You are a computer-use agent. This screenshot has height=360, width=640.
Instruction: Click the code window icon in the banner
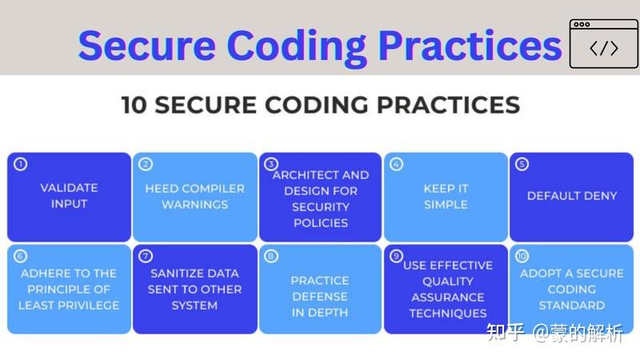click(x=603, y=44)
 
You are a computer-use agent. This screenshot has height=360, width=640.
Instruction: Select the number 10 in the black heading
click(x=137, y=105)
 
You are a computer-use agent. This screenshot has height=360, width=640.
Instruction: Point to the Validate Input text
click(x=69, y=196)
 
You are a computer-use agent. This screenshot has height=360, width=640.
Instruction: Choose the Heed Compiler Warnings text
click(x=194, y=196)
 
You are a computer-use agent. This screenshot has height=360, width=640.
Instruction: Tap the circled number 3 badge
click(x=272, y=165)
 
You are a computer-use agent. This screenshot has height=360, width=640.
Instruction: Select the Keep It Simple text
click(x=446, y=196)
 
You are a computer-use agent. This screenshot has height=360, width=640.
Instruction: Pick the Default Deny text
click(x=572, y=195)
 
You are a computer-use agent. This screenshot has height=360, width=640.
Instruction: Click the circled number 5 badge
click(x=522, y=165)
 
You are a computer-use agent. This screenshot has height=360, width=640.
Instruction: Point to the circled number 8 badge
click(x=272, y=256)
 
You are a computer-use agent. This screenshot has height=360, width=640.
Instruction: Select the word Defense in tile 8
click(x=320, y=297)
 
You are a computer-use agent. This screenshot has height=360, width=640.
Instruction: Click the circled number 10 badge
click(x=522, y=256)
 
